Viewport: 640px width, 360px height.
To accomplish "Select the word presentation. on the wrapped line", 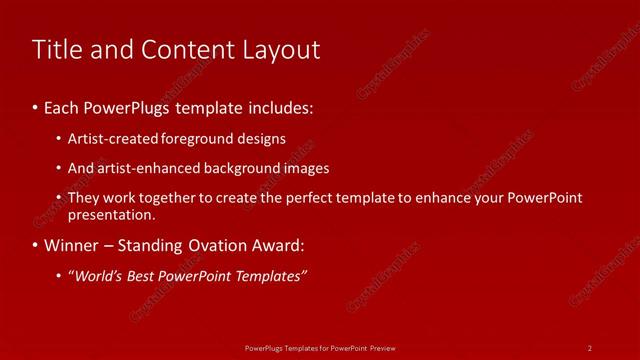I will click(111, 214).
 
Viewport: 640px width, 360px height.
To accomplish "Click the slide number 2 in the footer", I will click(590, 347).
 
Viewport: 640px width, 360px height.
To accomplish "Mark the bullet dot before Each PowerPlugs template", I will click(36, 105).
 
